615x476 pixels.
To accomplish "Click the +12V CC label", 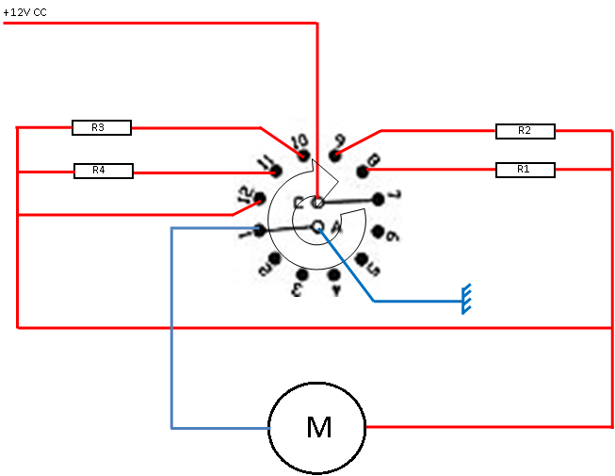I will pos(25,11).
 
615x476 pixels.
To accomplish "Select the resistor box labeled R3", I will pos(101,127).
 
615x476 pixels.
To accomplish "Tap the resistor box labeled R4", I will pos(104,171).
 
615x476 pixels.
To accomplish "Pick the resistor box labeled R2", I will pos(525,131).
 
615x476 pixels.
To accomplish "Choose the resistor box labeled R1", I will pos(525,170).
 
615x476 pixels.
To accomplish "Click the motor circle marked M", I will pos(317,428).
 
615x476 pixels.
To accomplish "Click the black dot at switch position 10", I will pos(304,154).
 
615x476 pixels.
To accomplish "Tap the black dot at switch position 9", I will pos(336,154).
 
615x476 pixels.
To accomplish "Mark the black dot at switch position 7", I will pos(379,199).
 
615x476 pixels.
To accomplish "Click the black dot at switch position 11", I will pos(275,172).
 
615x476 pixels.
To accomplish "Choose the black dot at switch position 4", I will pos(334,274).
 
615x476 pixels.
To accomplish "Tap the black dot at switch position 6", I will pos(378,231).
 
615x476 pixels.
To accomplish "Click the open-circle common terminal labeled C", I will pos(318,202).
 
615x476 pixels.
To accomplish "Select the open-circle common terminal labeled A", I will pos(317,225).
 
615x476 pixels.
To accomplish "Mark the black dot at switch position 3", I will pos(302,274).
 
